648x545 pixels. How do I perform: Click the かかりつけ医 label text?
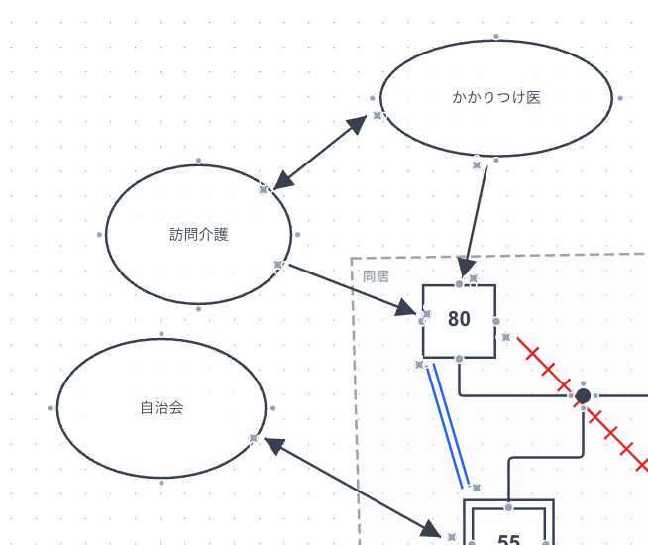pos(496,97)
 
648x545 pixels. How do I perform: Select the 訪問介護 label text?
pos(198,235)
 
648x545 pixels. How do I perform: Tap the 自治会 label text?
pos(162,407)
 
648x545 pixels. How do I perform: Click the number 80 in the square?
pos(459,319)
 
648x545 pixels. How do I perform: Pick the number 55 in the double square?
pos(508,540)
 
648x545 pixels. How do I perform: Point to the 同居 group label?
pos(376,276)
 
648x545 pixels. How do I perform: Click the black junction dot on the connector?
pos(583,396)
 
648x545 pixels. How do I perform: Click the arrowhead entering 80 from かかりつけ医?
pos(464,267)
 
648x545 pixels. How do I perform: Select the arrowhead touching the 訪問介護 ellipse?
pos(283,181)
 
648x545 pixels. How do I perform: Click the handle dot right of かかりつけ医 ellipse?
pos(620,98)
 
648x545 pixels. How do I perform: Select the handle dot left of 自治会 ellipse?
pos(50,408)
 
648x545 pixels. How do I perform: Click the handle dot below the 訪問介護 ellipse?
pos(199,309)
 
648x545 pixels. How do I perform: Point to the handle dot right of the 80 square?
pos(496,321)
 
